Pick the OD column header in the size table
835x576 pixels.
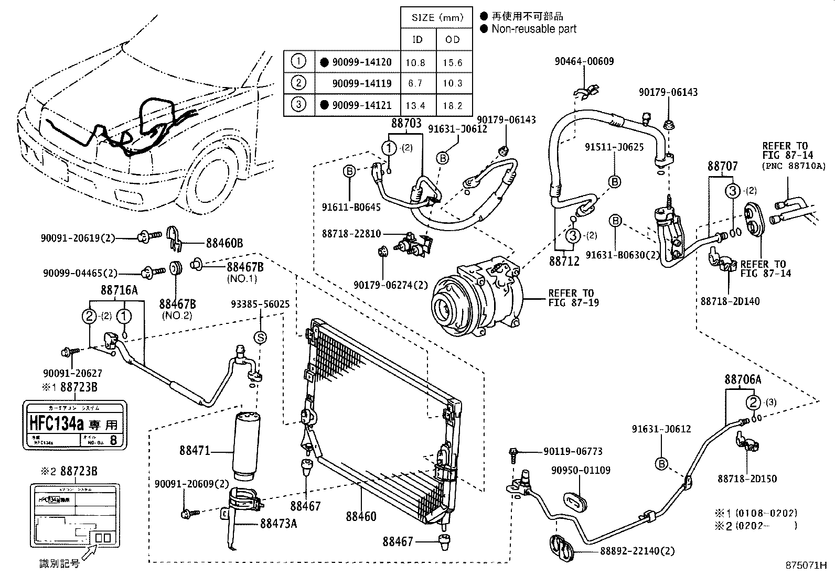click(453, 39)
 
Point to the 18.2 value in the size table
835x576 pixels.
click(453, 105)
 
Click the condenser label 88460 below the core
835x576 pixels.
click(361, 516)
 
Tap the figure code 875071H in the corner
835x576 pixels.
click(806, 566)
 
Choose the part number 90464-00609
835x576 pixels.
click(584, 61)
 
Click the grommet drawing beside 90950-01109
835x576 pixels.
click(577, 501)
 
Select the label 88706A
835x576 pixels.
click(743, 379)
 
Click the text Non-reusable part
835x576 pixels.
click(533, 29)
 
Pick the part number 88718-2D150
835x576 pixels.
click(747, 479)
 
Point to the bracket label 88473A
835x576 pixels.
click(278, 523)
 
